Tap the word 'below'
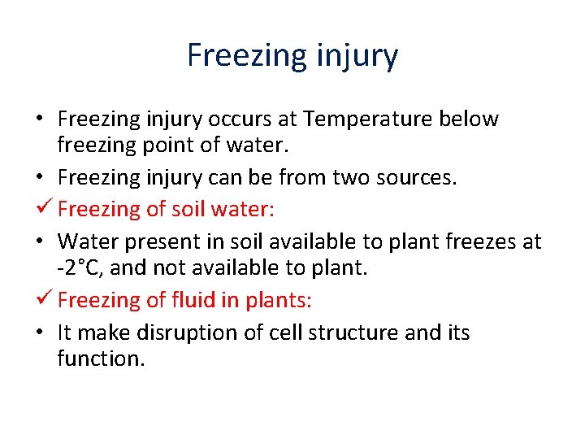(468, 120)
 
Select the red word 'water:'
(243, 209)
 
